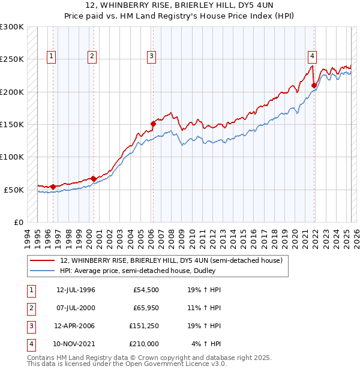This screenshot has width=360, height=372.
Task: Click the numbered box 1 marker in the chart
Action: point(52,56)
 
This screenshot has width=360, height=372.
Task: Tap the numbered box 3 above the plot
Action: point(152,56)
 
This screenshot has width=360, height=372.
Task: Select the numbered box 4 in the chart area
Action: point(313,56)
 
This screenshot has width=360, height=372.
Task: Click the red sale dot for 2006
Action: point(153,124)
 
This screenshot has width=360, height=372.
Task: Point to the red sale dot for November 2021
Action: point(314,85)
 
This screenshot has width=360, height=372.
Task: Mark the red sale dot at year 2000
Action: point(94,178)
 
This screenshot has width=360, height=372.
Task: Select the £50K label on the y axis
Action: point(14,190)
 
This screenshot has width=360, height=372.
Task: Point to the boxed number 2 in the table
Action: point(30,308)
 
